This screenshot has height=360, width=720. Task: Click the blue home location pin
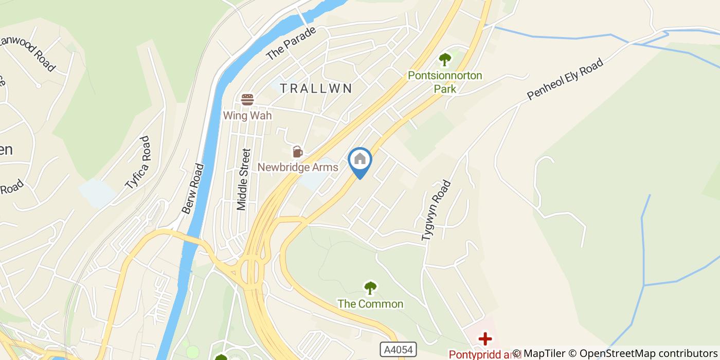pyautogui.click(x=360, y=160)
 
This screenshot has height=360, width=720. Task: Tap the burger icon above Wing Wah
pyautogui.click(x=247, y=99)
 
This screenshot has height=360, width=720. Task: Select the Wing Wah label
pyautogui.click(x=247, y=115)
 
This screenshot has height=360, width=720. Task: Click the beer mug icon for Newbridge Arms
pyautogui.click(x=297, y=152)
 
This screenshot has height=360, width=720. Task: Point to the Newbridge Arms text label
pyautogui.click(x=298, y=167)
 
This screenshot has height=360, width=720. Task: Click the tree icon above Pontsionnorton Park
pyautogui.click(x=444, y=60)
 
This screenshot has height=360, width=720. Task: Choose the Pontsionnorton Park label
pyautogui.click(x=445, y=82)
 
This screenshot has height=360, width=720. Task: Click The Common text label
pyautogui.click(x=370, y=304)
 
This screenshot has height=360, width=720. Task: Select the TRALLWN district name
pyautogui.click(x=316, y=88)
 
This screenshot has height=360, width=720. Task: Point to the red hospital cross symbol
pyautogui.click(x=484, y=339)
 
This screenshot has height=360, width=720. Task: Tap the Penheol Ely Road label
pyautogui.click(x=564, y=80)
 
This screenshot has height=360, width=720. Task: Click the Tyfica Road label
pyautogui.click(x=138, y=163)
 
